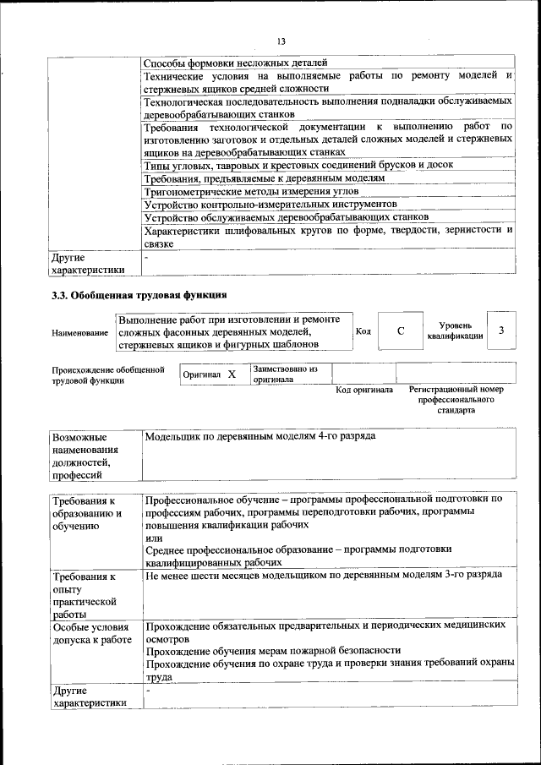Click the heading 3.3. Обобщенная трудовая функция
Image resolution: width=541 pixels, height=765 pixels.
pos(139,295)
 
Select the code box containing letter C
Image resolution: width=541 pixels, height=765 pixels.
pos(400,331)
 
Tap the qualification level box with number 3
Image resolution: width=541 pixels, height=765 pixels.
pos(501,331)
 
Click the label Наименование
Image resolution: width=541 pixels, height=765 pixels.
pos(79,333)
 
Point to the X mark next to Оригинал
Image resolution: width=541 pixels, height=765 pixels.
pos(231,374)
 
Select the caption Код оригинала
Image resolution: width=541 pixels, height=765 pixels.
pos(364,390)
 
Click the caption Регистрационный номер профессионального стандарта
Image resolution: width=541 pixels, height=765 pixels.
pos(456,400)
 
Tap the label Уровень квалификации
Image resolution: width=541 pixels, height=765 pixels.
pos(455,331)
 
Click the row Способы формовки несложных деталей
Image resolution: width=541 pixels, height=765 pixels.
pos(234,63)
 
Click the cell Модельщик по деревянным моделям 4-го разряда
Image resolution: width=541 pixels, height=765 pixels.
pos(260,436)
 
